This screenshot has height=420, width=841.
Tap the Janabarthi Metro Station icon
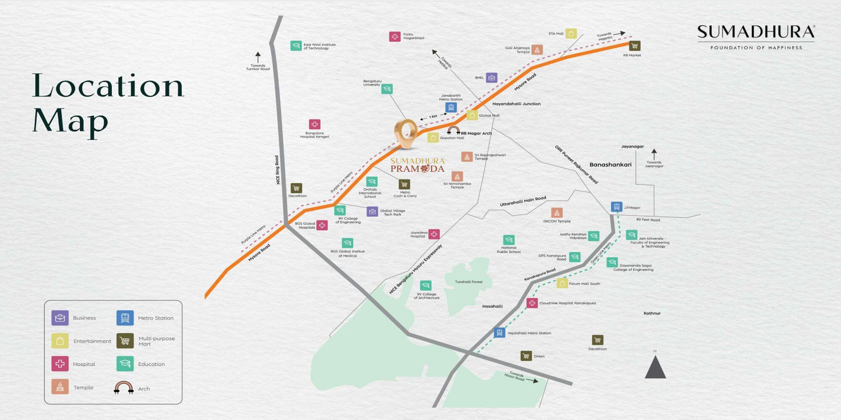[451, 108]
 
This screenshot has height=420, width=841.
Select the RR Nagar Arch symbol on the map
[453, 131]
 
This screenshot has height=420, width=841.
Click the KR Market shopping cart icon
[635, 46]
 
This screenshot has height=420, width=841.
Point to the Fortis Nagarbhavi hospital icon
[394, 37]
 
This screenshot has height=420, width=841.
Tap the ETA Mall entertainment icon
[571, 34]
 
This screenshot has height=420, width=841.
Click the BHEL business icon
[492, 78]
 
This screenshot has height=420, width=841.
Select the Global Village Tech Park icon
[372, 212]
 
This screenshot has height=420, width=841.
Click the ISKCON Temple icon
[557, 213]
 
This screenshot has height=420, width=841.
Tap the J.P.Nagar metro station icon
[616, 207]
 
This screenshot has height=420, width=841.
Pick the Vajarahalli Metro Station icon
[499, 333]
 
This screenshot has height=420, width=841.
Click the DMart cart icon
[526, 356]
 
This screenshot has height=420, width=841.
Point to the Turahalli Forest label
[468, 282]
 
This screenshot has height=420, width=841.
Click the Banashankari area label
[610, 165]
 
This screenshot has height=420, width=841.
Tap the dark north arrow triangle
[655, 368]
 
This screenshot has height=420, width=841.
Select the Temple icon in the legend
[60, 387]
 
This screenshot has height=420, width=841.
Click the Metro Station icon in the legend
[125, 318]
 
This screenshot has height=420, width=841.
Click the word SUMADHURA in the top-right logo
[756, 32]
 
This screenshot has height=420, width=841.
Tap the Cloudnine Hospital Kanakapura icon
[532, 303]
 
